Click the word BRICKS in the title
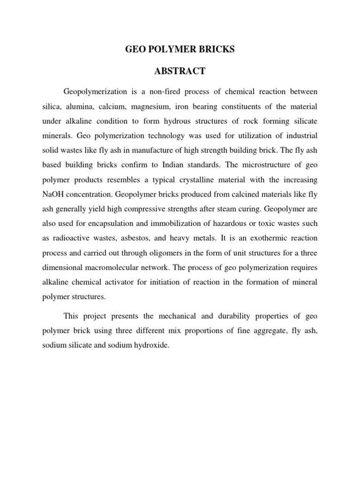click(x=213, y=49)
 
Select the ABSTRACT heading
click(x=180, y=71)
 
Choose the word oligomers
click(x=163, y=253)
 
